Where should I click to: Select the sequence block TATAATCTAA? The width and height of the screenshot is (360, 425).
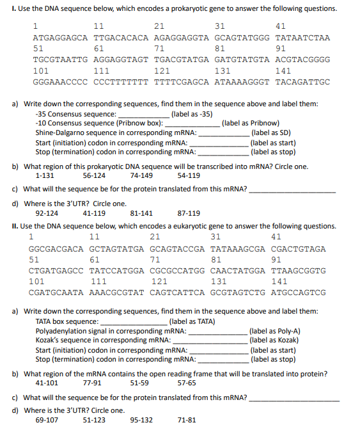coord(302,38)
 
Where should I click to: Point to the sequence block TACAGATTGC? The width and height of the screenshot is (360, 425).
coord(302,83)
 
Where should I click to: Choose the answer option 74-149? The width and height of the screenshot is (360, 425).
coord(141,175)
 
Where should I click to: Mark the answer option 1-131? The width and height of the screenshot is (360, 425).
coord(45,175)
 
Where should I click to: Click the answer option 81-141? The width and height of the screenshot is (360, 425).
coord(141,213)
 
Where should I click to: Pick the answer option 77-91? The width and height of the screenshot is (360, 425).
coord(93,383)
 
